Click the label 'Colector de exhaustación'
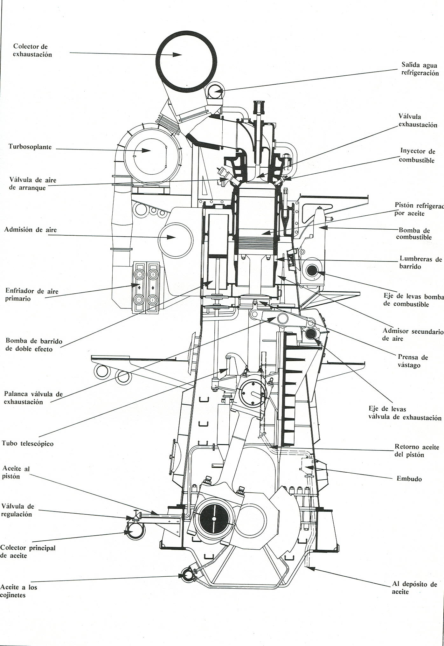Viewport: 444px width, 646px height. (x=32, y=51)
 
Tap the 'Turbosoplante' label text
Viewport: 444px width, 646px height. (x=30, y=147)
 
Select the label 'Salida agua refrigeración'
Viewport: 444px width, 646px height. (x=420, y=69)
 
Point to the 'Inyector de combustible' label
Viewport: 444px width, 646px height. (x=417, y=155)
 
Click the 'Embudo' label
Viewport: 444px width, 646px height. (x=409, y=479)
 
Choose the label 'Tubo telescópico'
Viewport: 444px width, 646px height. (x=28, y=443)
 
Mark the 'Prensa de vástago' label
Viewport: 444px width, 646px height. (x=413, y=361)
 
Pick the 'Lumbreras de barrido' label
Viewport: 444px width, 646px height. (x=420, y=263)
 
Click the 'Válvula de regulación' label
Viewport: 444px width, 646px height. (x=17, y=510)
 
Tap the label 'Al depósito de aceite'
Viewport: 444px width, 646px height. (x=414, y=588)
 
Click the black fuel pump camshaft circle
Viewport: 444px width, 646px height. (x=312, y=271)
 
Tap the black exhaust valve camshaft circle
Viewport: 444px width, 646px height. (x=311, y=334)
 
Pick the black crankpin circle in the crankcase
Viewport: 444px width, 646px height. (x=214, y=519)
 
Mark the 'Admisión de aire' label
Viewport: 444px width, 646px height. (x=30, y=230)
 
